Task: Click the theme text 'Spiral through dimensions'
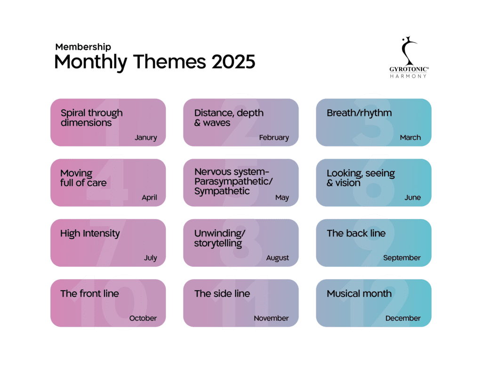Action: [x=91, y=118]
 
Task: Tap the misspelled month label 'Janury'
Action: [x=145, y=138]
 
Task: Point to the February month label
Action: [x=274, y=138]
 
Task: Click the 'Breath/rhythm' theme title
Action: [x=359, y=113]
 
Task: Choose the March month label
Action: [x=410, y=138]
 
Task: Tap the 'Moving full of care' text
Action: [x=83, y=178]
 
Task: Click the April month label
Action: [x=149, y=198]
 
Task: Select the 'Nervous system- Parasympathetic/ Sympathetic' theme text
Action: [x=233, y=181]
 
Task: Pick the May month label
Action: [x=282, y=198]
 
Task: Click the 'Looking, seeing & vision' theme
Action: [x=361, y=178]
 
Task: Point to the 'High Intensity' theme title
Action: [x=90, y=234]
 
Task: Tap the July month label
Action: [x=150, y=258]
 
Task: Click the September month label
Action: [x=402, y=258]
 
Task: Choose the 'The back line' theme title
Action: [x=356, y=234]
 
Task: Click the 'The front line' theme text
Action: [x=89, y=294]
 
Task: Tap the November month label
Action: [x=271, y=318]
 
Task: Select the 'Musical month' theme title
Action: [x=359, y=294]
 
